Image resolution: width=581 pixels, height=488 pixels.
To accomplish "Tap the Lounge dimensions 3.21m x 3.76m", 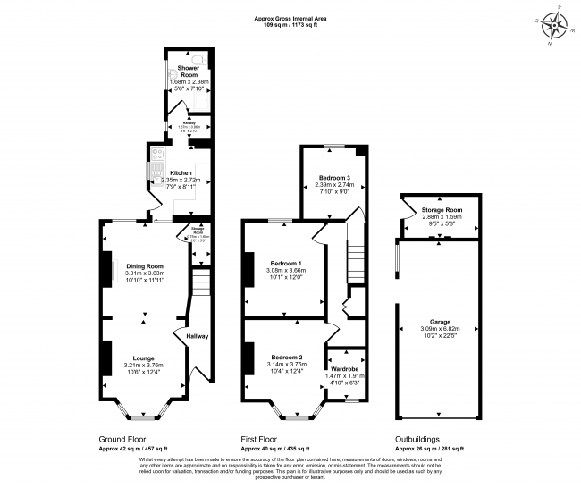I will (x=144, y=366).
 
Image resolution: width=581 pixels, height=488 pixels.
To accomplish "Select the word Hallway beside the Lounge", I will (x=197, y=336).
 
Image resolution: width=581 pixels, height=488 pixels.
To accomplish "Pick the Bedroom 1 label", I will (x=286, y=263).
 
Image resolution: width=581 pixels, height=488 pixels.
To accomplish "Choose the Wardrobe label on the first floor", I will (x=345, y=369).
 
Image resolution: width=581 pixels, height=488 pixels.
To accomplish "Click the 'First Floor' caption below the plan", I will (x=264, y=440).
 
